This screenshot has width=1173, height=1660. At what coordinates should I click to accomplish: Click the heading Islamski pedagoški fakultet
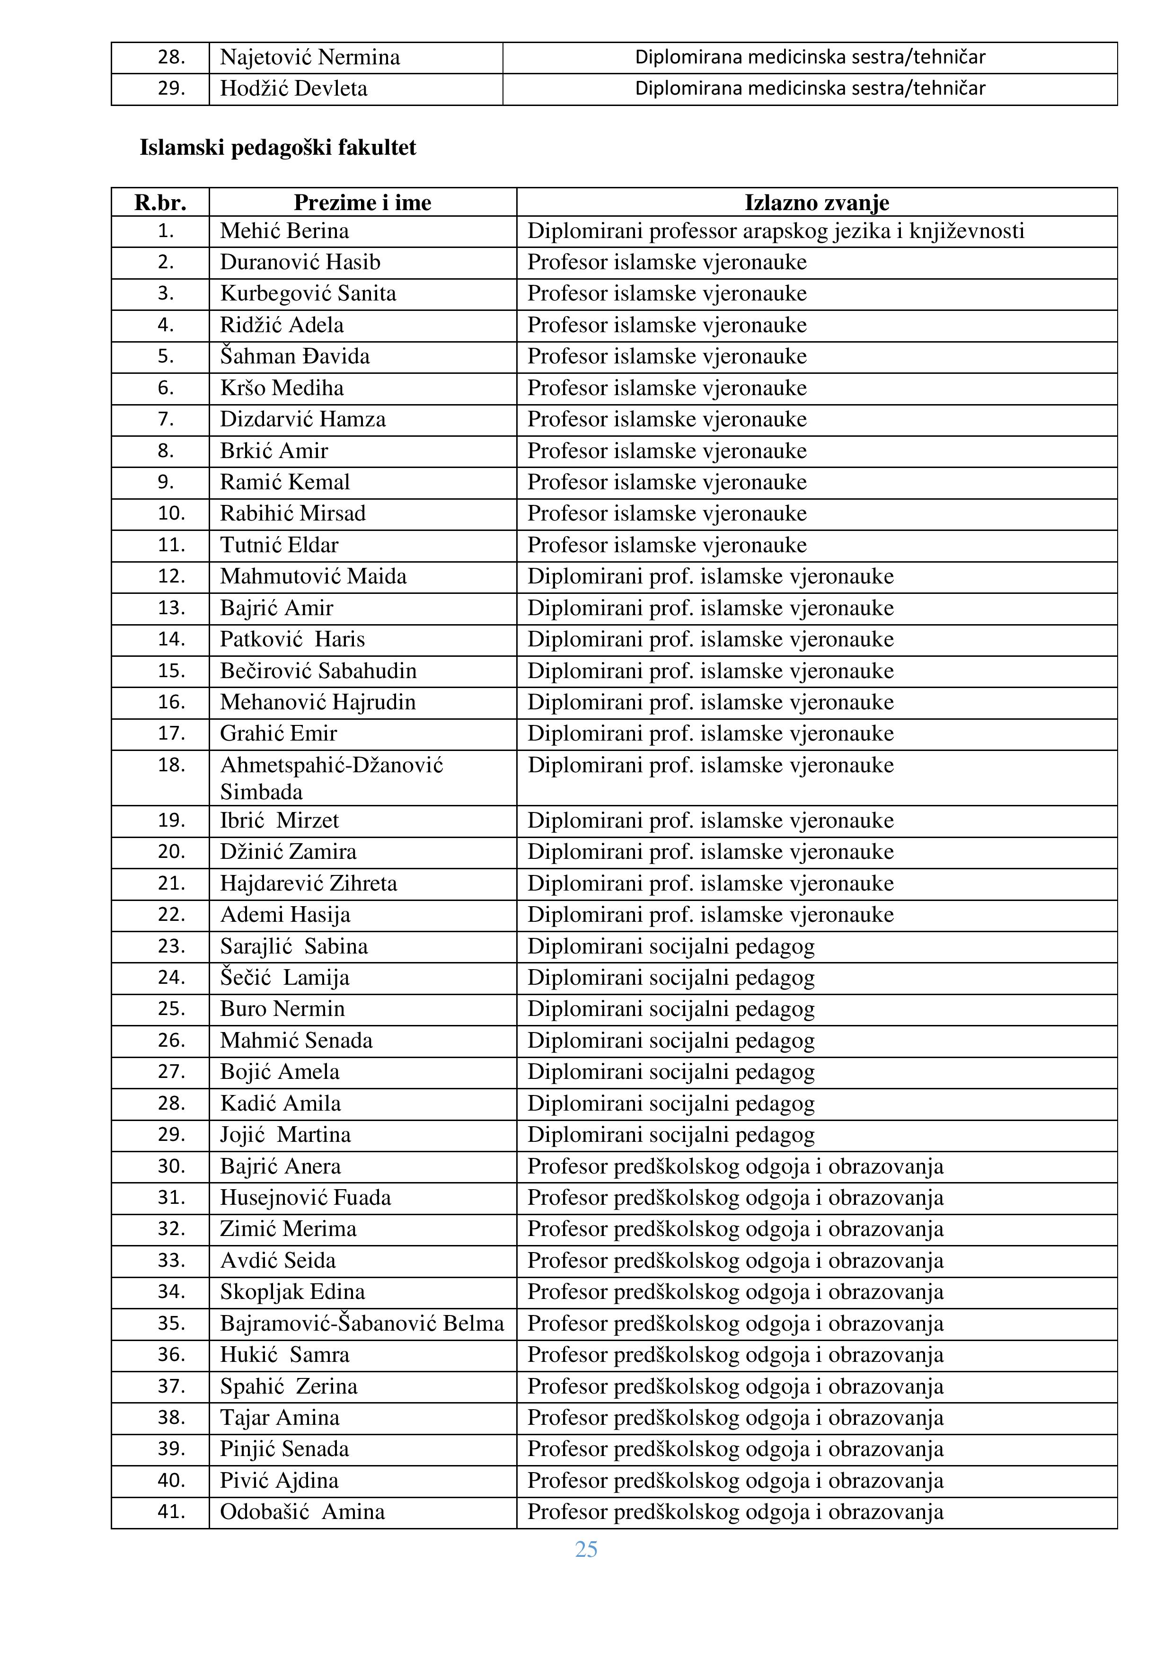click(x=278, y=148)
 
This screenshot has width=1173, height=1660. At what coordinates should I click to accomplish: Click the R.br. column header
click(x=160, y=203)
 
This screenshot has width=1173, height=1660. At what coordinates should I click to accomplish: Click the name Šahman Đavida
click(x=295, y=356)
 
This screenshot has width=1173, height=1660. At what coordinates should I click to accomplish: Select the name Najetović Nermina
click(x=309, y=57)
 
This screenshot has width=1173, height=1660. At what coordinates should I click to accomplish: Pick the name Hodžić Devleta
click(x=293, y=88)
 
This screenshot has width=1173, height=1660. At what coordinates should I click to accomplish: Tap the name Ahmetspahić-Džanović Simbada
click(x=331, y=778)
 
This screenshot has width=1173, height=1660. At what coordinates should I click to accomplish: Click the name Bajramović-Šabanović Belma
click(x=362, y=1323)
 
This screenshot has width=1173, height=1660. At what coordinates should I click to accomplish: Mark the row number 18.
click(x=171, y=765)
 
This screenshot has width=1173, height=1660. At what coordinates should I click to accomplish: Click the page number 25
click(x=586, y=1549)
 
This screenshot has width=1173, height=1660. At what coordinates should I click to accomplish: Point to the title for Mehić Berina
click(x=776, y=231)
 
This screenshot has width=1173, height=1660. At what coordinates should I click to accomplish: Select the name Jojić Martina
click(x=285, y=1134)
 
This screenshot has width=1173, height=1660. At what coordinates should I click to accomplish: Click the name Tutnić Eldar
click(x=279, y=545)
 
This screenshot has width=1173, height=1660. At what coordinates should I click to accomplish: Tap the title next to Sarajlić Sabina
click(x=670, y=946)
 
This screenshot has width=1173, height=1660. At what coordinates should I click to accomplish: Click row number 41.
click(x=171, y=1511)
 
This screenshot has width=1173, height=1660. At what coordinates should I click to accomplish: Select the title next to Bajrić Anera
click(x=735, y=1166)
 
